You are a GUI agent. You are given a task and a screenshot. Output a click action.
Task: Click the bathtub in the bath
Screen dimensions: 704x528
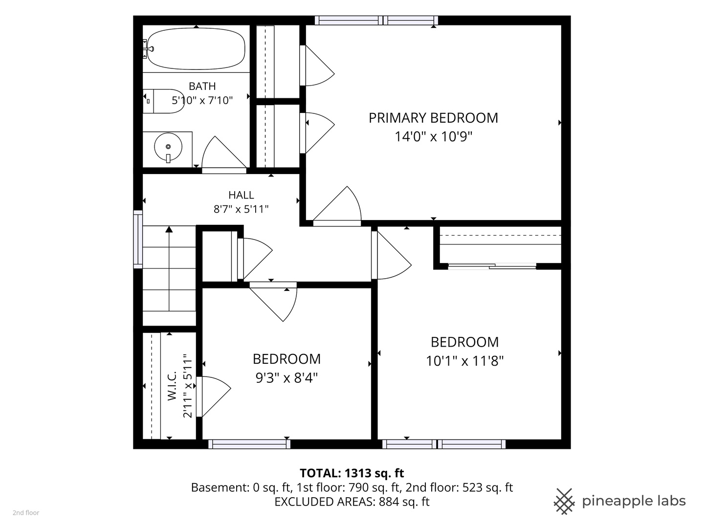point(196,49)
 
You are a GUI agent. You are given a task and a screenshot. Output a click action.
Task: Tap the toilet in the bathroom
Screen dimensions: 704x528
point(164,101)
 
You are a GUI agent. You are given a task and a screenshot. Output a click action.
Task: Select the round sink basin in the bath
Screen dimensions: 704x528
point(168,147)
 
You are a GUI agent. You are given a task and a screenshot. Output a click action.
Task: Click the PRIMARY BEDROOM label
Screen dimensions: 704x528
point(433,118)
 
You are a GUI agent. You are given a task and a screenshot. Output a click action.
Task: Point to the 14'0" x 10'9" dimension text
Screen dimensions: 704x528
point(433,136)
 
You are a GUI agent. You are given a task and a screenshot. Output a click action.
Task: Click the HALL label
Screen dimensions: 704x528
point(241,195)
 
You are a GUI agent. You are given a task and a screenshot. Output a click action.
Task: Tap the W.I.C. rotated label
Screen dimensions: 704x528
point(172,386)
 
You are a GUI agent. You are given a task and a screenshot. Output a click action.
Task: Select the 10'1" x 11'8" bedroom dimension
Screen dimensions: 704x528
point(465,361)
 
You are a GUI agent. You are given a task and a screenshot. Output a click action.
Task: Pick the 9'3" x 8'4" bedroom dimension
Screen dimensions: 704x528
point(286,377)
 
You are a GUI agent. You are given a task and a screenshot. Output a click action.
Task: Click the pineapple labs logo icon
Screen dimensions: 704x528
point(564,502)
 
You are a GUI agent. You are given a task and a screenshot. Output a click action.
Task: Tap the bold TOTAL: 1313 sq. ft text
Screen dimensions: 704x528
point(352,473)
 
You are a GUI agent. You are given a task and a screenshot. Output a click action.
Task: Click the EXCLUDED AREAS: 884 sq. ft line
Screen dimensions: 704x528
point(352,502)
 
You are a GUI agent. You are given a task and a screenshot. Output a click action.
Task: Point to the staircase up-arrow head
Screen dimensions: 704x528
point(169,229)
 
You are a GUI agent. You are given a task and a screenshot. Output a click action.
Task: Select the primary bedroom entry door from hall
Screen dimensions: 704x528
point(337,205)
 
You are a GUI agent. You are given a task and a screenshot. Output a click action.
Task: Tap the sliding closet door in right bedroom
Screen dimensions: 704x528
point(492,266)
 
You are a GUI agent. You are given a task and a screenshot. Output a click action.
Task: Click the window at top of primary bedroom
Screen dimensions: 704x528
point(376,21)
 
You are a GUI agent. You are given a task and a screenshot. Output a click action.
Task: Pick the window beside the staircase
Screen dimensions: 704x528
point(138,239)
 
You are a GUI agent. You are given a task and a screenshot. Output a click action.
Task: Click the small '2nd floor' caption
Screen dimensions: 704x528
point(26,513)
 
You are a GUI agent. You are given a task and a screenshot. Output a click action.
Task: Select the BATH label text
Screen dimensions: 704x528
point(202,86)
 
